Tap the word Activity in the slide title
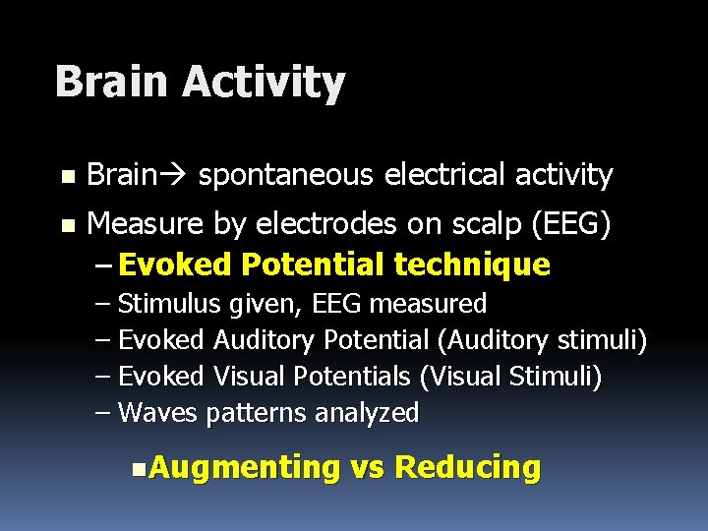pyautogui.click(x=264, y=82)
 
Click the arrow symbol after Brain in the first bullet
pyautogui.click(x=173, y=176)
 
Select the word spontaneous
pyautogui.click(x=285, y=176)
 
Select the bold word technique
pyautogui.click(x=471, y=265)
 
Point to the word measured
pyautogui.click(x=435, y=303)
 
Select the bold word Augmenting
pyautogui.click(x=244, y=467)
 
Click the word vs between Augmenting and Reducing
pyautogui.click(x=367, y=467)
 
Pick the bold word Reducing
pyautogui.click(x=468, y=467)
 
